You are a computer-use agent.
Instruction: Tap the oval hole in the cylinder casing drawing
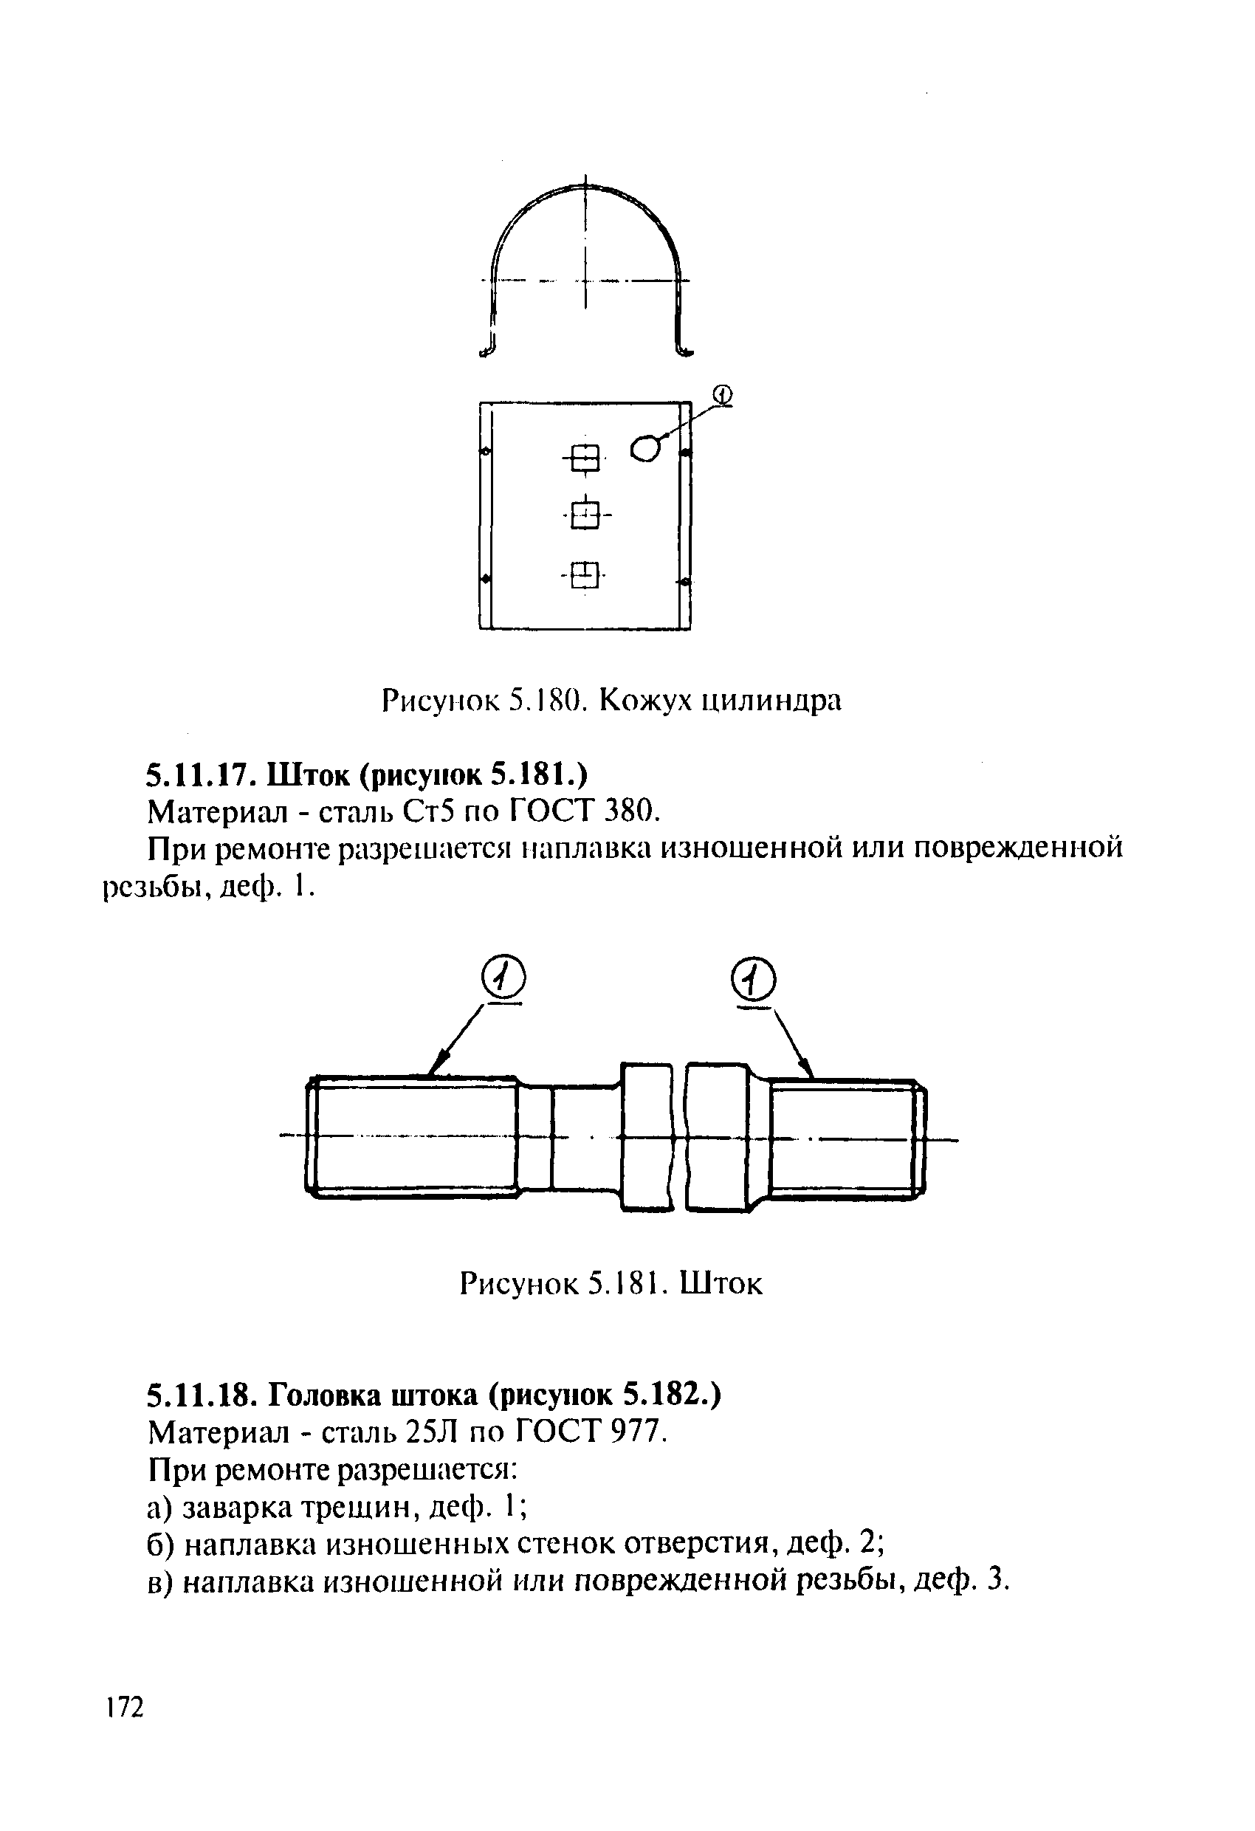tap(644, 448)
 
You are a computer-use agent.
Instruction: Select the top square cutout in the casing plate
tap(585, 458)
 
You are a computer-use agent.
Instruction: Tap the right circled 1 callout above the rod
tap(753, 982)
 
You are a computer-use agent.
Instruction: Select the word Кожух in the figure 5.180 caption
tap(646, 700)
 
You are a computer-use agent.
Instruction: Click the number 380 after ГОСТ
tap(630, 810)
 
